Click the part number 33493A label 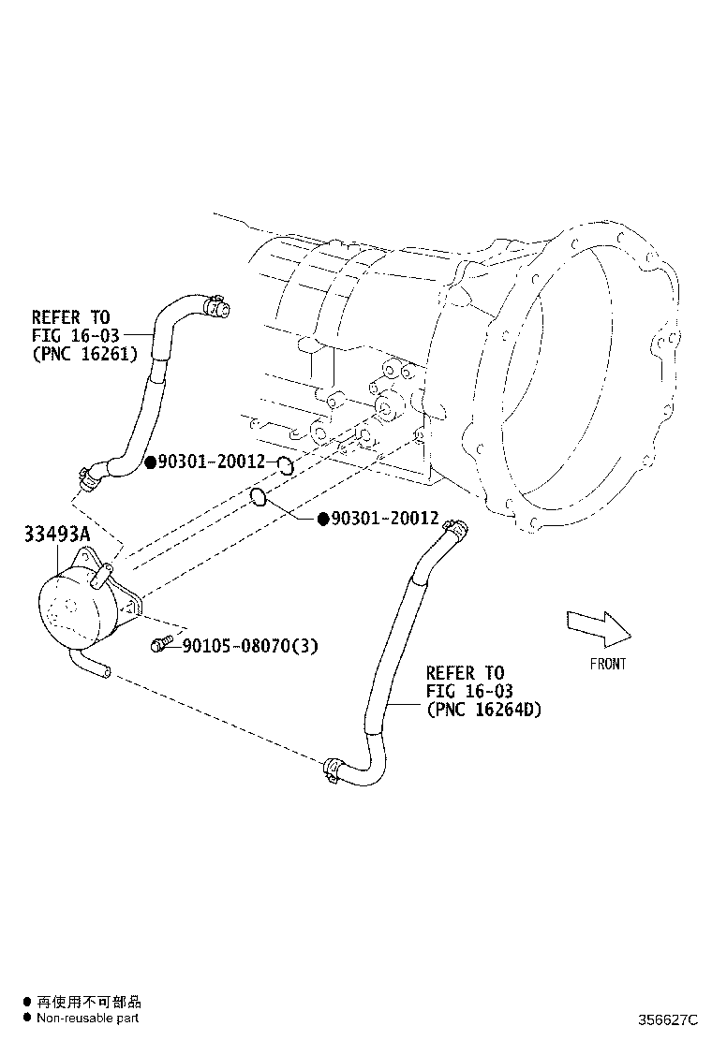[57, 535]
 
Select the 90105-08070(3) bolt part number [250, 645]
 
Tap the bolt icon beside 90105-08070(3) [160, 644]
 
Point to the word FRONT [608, 664]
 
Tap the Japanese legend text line [88, 1002]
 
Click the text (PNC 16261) [84, 353]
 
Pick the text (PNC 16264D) [483, 710]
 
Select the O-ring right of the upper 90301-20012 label [287, 465]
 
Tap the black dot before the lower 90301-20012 [323, 519]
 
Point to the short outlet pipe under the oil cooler [93, 667]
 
